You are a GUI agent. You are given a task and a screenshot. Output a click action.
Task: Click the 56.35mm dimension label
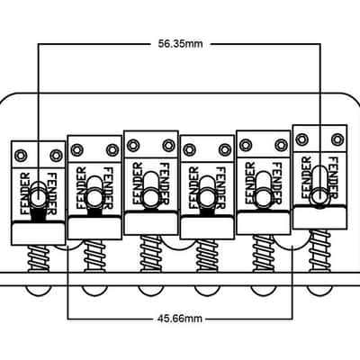[x=181, y=44]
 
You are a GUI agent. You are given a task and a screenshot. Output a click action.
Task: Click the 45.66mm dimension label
[x=179, y=318]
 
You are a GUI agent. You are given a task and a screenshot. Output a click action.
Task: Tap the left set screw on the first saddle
[x=22, y=156]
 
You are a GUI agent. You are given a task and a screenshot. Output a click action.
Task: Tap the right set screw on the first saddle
[x=55, y=156]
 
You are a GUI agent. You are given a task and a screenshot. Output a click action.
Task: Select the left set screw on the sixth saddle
[x=301, y=139]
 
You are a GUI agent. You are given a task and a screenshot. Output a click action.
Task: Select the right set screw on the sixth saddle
[x=337, y=139]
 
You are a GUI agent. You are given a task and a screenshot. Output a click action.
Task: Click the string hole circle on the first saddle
[x=39, y=198]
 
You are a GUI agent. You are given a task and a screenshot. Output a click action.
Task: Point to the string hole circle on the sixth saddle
[x=319, y=195]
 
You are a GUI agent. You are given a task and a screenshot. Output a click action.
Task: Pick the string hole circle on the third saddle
[x=149, y=198]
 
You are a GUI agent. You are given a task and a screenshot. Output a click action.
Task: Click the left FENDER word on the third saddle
[x=138, y=184]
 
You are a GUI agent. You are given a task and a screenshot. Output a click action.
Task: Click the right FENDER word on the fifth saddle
[x=276, y=184]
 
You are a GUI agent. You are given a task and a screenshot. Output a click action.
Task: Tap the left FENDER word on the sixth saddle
[x=307, y=177]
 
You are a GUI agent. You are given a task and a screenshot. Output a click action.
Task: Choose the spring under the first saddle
[x=39, y=258]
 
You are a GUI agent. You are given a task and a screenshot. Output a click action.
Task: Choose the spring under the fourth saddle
[x=207, y=256]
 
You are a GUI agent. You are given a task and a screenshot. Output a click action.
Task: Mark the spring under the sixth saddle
[x=319, y=251]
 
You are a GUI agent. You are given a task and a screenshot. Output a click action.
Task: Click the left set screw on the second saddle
[x=76, y=149]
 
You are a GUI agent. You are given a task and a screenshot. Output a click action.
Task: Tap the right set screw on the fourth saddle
[x=223, y=149]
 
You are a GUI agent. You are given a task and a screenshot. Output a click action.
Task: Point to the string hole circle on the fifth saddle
[x=264, y=198]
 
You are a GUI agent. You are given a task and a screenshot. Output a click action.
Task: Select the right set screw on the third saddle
[x=168, y=146]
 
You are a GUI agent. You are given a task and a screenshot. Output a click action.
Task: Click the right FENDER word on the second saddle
[x=107, y=188]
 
